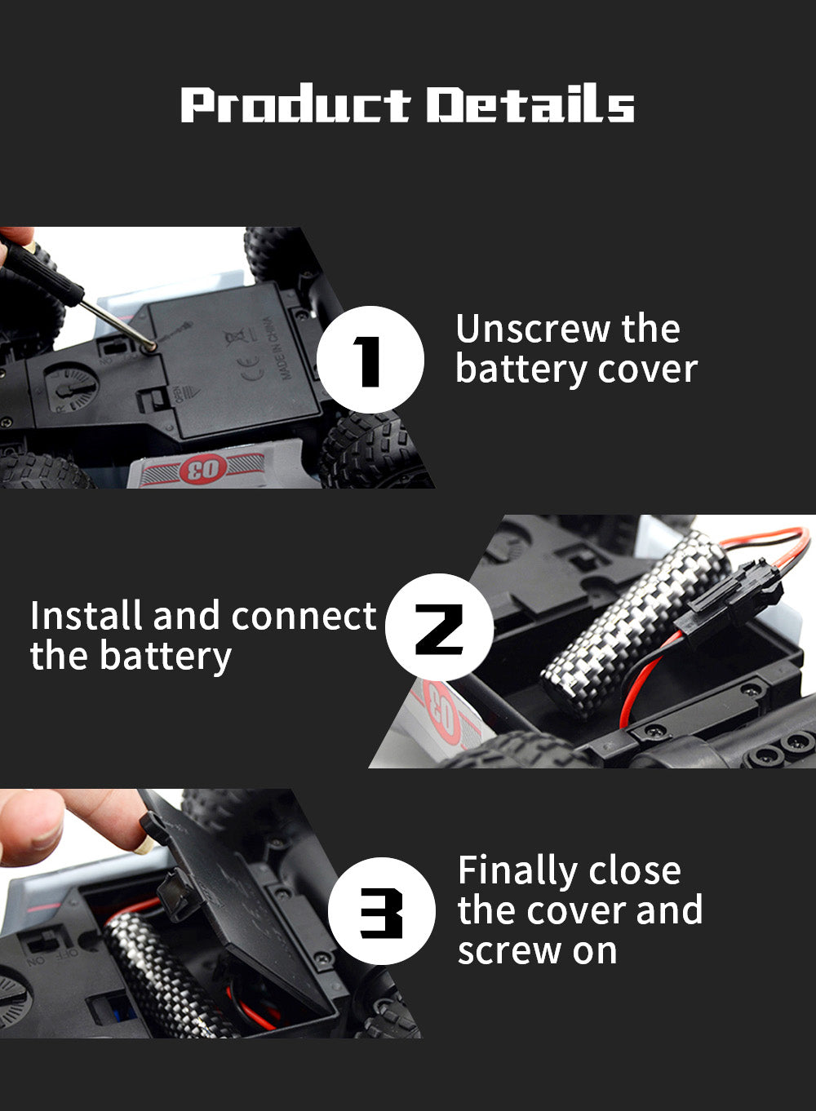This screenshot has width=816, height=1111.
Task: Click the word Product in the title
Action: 295,105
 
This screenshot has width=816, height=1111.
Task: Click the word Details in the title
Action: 530,105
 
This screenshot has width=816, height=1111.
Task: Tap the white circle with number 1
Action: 370,360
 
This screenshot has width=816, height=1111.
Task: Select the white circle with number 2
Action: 439,628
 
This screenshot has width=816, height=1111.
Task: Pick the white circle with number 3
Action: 381,911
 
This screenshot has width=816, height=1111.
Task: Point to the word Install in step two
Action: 85,616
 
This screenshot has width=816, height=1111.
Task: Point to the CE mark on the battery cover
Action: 254,364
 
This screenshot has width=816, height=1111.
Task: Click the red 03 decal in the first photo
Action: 202,469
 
